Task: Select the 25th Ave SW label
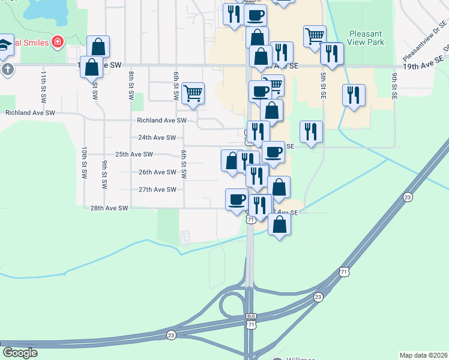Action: [x=134, y=154]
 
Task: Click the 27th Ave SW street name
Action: [x=157, y=190]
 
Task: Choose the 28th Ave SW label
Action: [x=109, y=208]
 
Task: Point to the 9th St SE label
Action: [x=394, y=85]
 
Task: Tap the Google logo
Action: [x=20, y=353]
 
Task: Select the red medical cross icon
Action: [x=57, y=42]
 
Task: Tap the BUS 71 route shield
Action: [x=250, y=320]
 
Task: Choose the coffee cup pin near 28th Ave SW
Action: [x=237, y=199]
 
